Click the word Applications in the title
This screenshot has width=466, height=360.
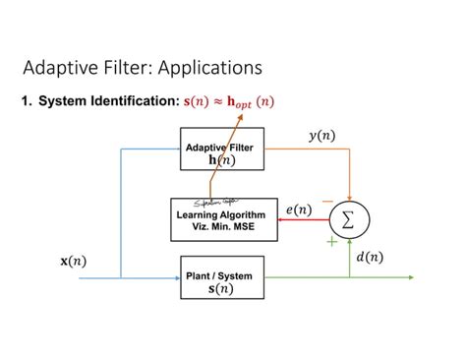(207, 68)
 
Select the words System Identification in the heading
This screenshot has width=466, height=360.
(109, 101)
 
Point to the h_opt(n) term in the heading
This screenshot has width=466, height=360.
(251, 101)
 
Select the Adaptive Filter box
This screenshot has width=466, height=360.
(219, 153)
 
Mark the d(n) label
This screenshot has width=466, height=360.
(370, 257)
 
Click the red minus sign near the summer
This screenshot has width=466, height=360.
(326, 200)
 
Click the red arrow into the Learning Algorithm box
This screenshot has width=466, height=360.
(295, 220)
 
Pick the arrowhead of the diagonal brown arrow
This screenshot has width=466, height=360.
(240, 117)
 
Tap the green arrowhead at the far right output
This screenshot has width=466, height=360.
(409, 277)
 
